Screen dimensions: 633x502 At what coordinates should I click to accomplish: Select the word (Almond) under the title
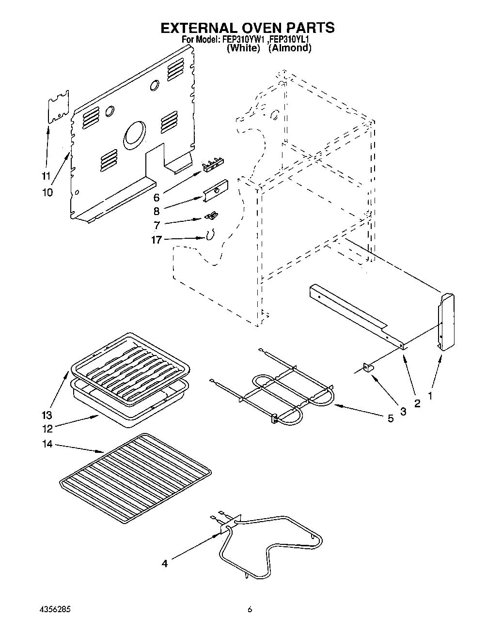(290, 48)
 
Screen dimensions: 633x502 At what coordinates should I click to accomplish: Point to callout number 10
(47, 192)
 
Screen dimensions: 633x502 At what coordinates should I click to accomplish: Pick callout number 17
(156, 239)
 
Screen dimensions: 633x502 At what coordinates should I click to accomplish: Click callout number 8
(156, 211)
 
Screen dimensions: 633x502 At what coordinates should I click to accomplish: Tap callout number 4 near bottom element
(165, 563)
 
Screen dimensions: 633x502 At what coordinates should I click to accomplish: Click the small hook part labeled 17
(209, 235)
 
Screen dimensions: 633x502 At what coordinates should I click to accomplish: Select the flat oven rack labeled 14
(136, 477)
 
